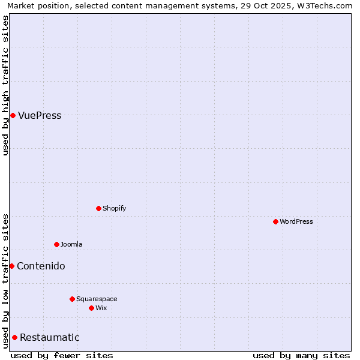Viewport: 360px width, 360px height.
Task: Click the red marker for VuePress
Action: tap(13, 115)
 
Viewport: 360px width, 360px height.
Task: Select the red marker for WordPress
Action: tap(275, 221)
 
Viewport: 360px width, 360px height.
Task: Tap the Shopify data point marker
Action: tap(98, 208)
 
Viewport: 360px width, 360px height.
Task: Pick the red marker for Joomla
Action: tap(56, 244)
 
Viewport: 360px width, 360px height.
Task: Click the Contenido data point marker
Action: tap(11, 266)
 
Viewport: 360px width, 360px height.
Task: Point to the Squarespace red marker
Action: tap(72, 299)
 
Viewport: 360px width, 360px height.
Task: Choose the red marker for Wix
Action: tap(91, 308)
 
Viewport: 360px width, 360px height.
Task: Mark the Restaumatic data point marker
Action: tap(14, 337)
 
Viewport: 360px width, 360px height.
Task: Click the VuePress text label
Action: tap(40, 116)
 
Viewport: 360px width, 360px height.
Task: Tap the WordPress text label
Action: tap(296, 221)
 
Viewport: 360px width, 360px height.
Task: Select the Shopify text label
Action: tap(114, 208)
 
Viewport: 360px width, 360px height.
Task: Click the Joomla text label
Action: tap(71, 244)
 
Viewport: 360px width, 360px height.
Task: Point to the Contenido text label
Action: tap(41, 266)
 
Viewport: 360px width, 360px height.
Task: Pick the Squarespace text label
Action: tap(97, 299)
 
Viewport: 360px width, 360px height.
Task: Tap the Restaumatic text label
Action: tap(50, 338)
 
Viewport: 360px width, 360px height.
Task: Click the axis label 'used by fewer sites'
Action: tap(62, 355)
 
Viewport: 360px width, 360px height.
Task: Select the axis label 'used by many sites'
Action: tap(301, 355)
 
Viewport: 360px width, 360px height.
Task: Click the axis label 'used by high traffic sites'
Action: tap(5, 85)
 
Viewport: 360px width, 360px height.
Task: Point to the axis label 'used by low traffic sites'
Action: tap(5, 281)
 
